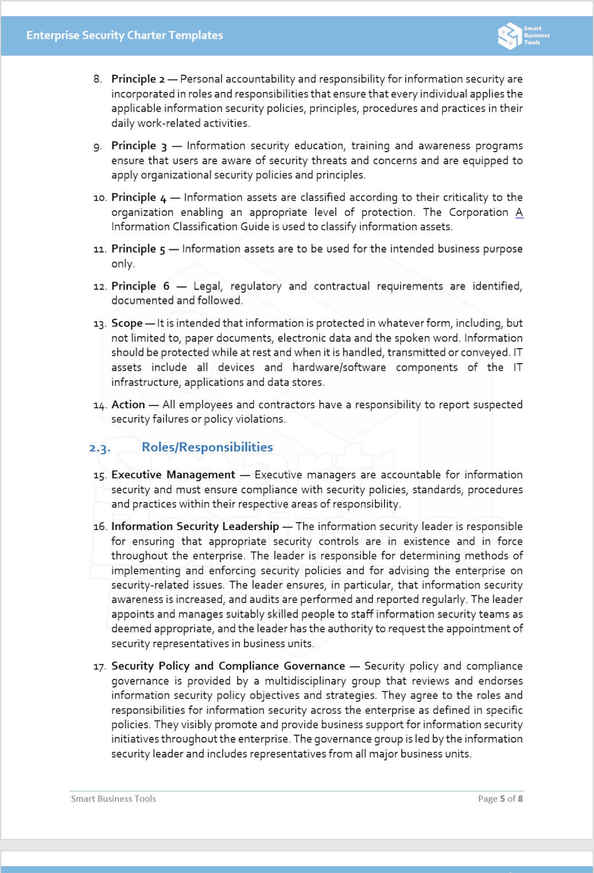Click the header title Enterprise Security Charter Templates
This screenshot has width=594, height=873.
coord(124,35)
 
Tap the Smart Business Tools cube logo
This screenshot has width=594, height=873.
coord(509,36)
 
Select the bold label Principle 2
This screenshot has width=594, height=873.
coord(138,79)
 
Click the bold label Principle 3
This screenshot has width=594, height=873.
coord(138,146)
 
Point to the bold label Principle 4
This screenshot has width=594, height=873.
coord(138,198)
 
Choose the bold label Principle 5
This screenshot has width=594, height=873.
coord(138,249)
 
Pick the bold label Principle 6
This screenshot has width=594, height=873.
coord(140,286)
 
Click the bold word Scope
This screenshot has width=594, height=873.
coord(127,323)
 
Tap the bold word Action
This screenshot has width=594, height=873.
coord(128,405)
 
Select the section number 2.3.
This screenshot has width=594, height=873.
coord(100,448)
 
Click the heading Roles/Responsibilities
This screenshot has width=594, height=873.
coord(207,447)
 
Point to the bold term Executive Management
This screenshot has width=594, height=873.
coord(173,475)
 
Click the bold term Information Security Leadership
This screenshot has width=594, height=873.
coord(195,527)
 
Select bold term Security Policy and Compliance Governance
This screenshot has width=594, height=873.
coord(228,666)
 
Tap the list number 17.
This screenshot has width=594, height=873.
coord(99,667)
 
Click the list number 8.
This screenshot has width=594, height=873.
coord(98,79)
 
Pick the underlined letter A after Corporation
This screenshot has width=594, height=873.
coord(519,213)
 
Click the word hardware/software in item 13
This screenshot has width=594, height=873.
coord(339,367)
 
